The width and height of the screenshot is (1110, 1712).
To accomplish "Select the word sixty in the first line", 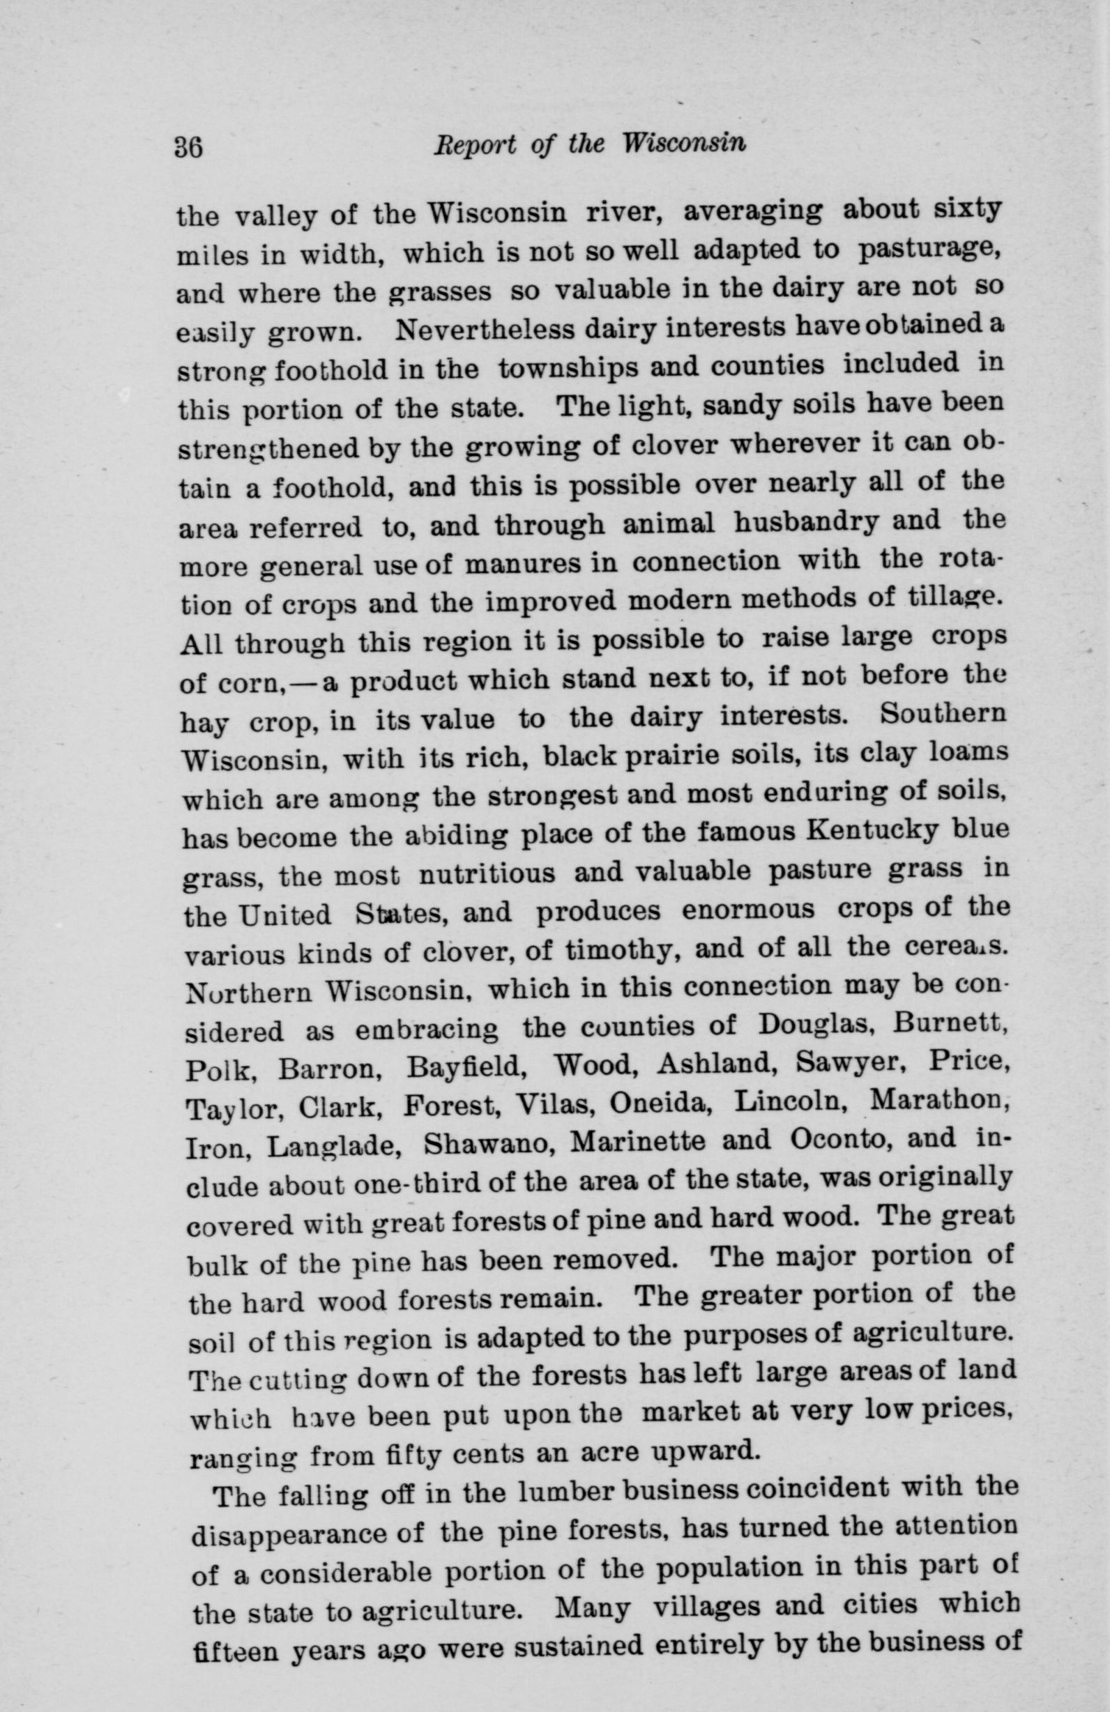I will [955, 209].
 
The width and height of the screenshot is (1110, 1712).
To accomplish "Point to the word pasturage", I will [924, 250].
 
